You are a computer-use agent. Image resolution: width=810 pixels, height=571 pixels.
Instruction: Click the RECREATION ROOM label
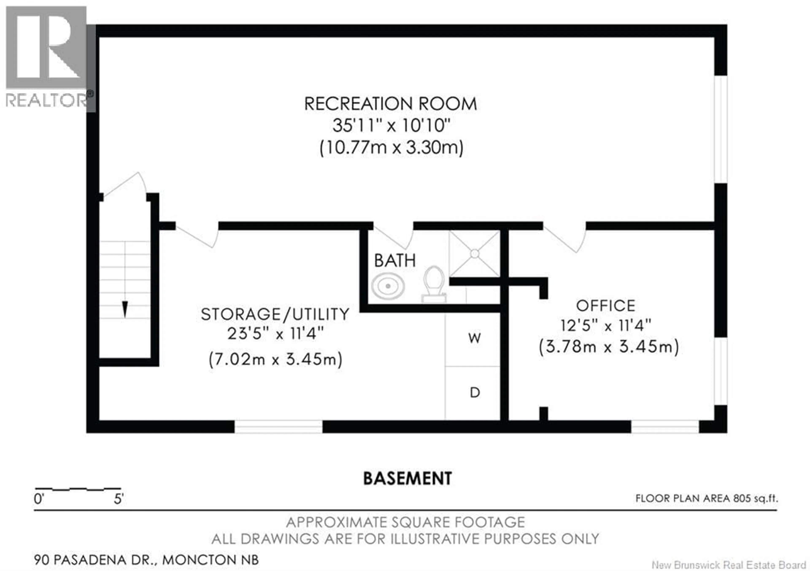390,104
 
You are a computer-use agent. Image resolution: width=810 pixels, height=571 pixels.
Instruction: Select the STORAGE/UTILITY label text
275,314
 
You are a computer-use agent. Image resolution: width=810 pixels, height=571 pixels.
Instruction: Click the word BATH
395,261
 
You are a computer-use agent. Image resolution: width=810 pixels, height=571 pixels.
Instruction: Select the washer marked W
474,338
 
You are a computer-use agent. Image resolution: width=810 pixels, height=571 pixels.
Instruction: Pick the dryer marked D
475,392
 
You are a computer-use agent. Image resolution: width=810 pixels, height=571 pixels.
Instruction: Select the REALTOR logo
48,57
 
